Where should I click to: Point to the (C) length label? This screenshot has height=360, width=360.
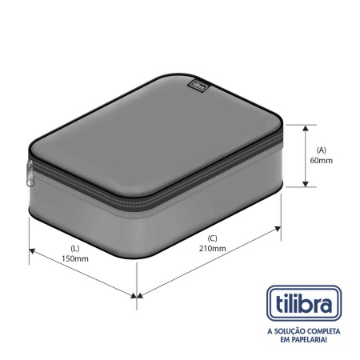point(212,238)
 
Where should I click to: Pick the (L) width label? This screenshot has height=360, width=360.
point(74,247)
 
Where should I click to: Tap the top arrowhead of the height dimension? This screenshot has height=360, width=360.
point(306,127)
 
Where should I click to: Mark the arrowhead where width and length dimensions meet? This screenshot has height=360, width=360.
point(136,294)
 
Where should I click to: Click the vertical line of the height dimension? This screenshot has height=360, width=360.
point(306,156)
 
